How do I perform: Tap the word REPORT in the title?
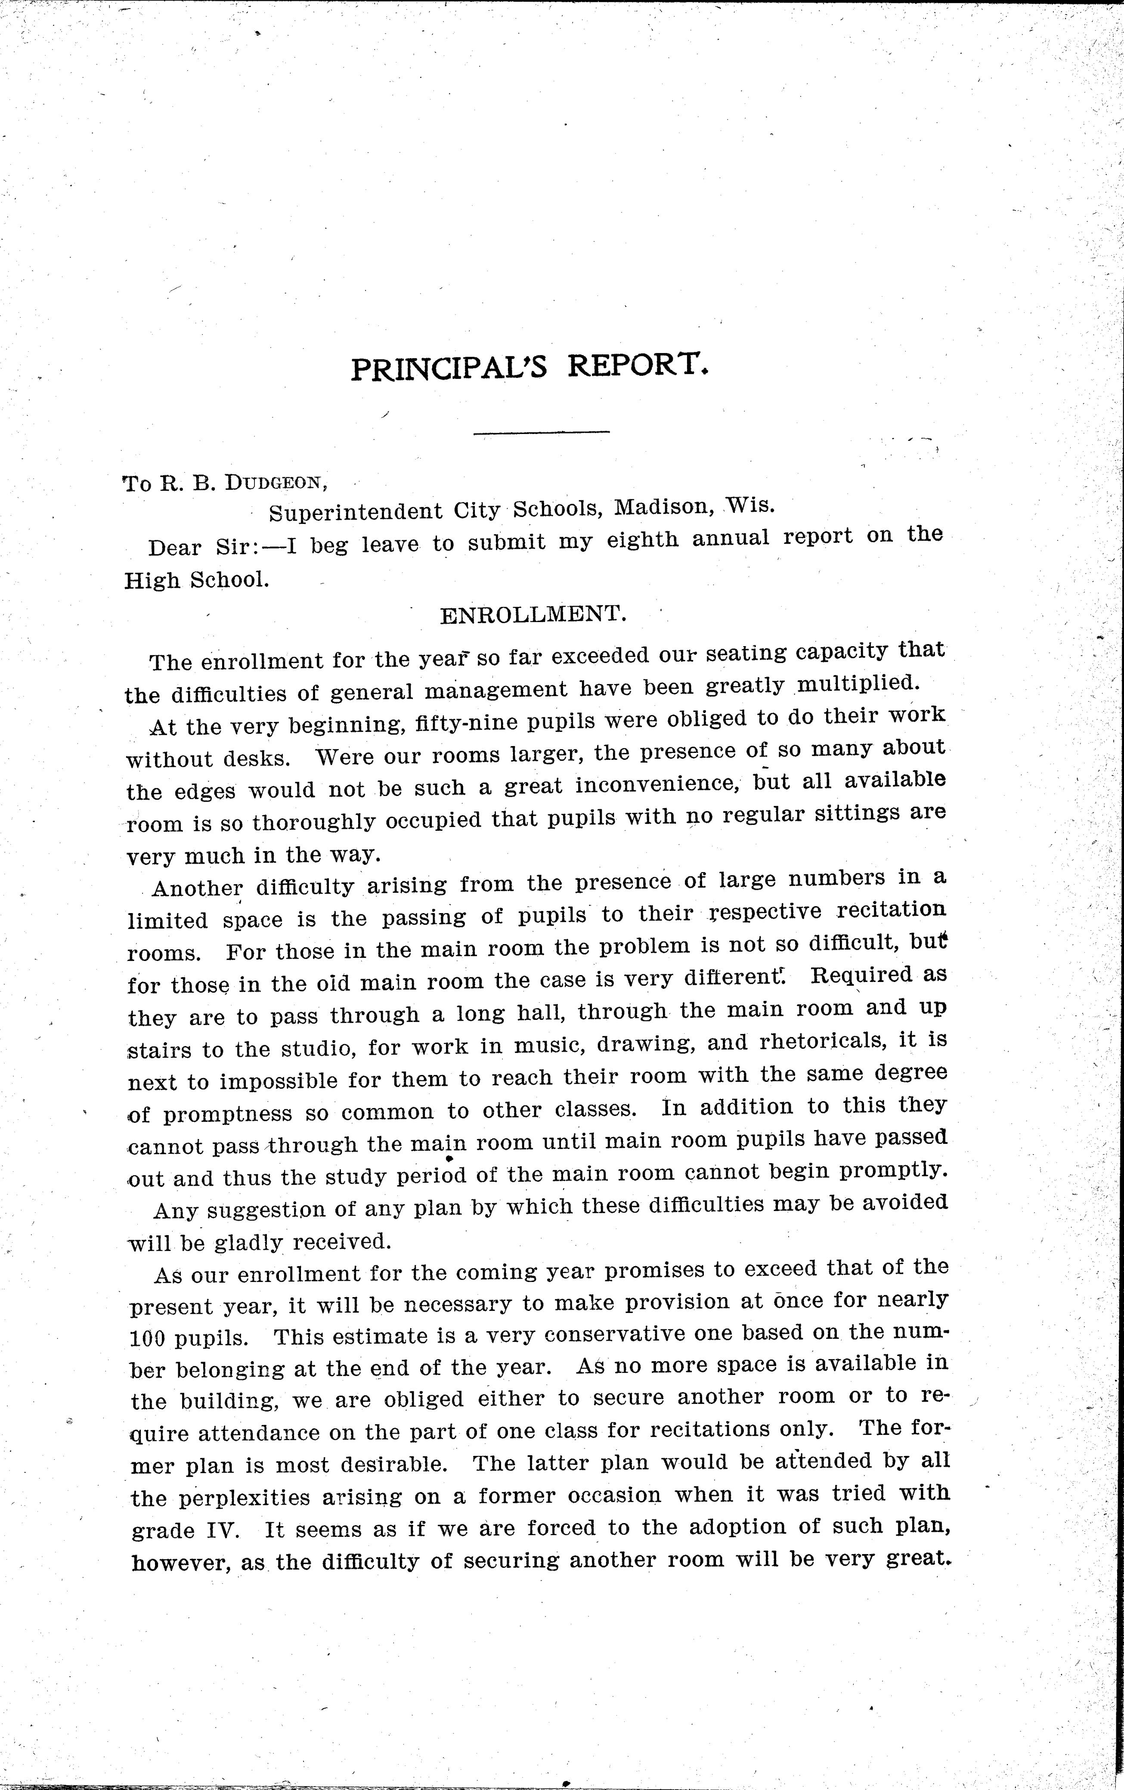pyautogui.click(x=635, y=364)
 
